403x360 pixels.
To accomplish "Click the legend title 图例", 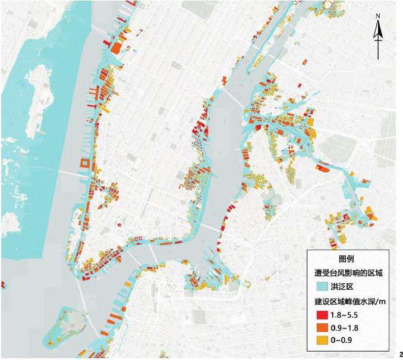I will coord(346,259).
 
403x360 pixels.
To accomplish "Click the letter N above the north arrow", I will coord(377,16).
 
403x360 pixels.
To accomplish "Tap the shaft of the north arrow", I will coord(377,45).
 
